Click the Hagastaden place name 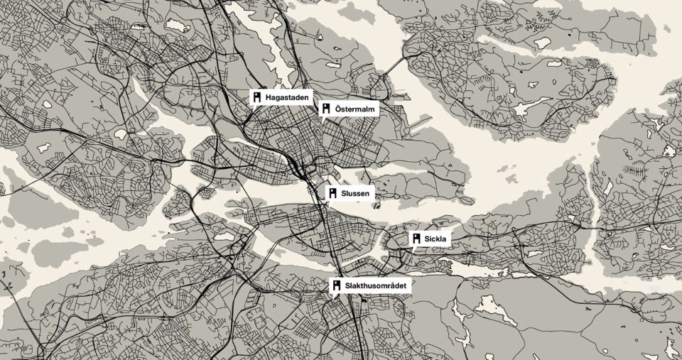(x=283, y=97)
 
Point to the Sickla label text (x=435, y=240)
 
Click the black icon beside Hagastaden (x=256, y=96)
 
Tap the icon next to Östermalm (x=326, y=109)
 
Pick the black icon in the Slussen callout (x=332, y=192)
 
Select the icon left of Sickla (x=417, y=240)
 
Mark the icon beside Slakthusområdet (x=336, y=285)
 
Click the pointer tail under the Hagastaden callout (x=252, y=107)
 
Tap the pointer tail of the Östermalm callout (x=322, y=120)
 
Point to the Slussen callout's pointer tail (x=328, y=204)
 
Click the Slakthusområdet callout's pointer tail (x=332, y=296)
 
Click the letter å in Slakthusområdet (x=390, y=285)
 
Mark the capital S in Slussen (x=345, y=192)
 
